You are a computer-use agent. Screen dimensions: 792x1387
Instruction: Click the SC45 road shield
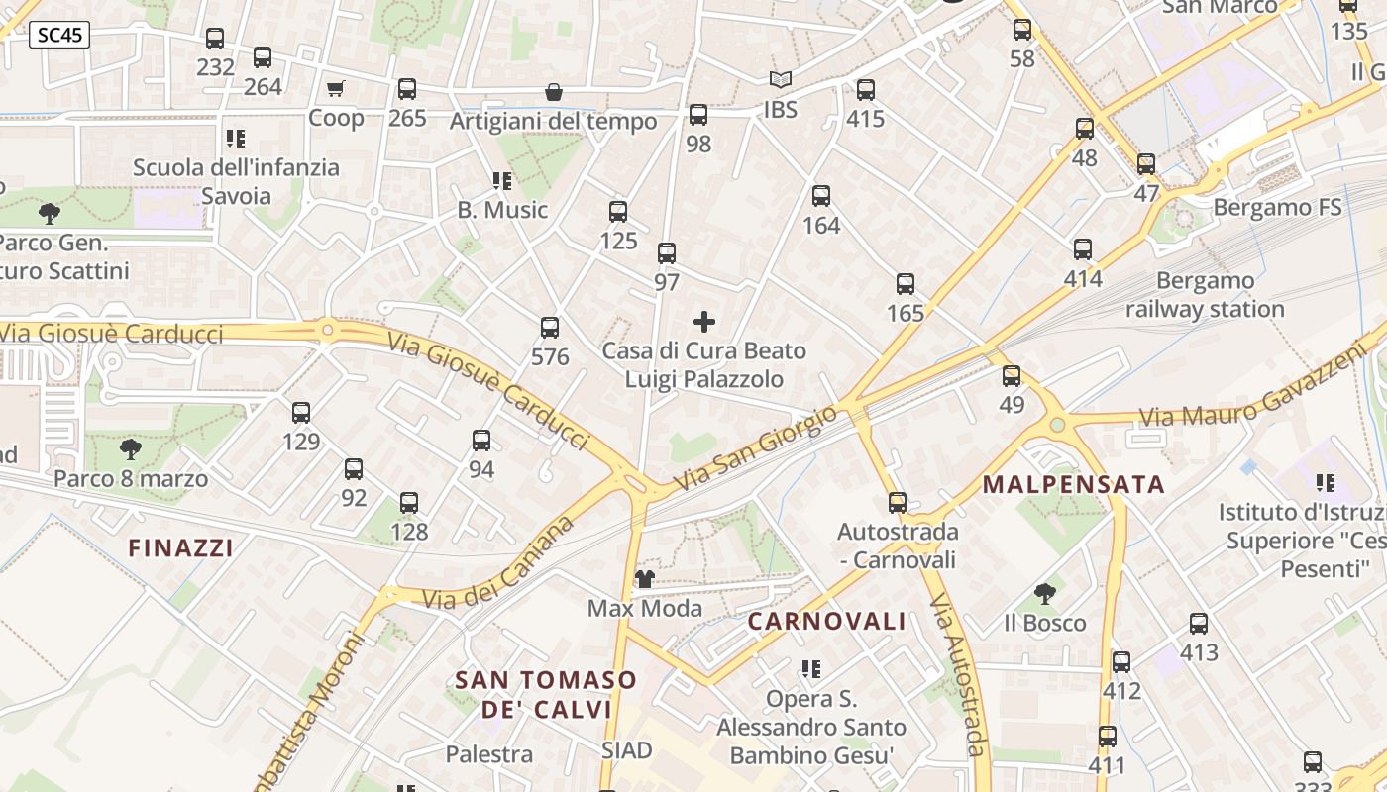pos(59,36)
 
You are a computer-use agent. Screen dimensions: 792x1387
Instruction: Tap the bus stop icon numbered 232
pos(215,39)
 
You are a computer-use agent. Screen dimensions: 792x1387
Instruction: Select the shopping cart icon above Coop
pos(336,89)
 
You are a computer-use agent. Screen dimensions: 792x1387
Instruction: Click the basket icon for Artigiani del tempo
pos(554,92)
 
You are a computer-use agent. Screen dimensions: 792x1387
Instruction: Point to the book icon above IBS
pos(781,79)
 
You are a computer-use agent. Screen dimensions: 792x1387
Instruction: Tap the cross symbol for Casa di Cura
pos(704,322)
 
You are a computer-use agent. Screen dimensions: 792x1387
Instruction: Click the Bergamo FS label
pos(1277,208)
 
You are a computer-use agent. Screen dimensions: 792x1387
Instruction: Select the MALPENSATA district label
pos(1073,485)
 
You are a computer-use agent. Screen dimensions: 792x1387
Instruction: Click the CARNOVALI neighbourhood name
pos(826,622)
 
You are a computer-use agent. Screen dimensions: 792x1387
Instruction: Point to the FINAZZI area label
pos(180,547)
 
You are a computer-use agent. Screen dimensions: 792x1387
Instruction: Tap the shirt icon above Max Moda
pos(645,578)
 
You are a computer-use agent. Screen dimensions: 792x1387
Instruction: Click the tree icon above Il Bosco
pos(1044,594)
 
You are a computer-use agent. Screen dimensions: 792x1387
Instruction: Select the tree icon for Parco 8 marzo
pos(130,449)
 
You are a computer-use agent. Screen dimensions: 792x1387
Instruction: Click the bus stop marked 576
pos(550,328)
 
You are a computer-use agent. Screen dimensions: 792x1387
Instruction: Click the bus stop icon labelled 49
pos(1012,376)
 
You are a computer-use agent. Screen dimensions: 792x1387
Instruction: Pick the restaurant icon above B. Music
pos(502,181)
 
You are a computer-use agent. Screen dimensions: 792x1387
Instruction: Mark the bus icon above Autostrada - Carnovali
pos(898,503)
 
